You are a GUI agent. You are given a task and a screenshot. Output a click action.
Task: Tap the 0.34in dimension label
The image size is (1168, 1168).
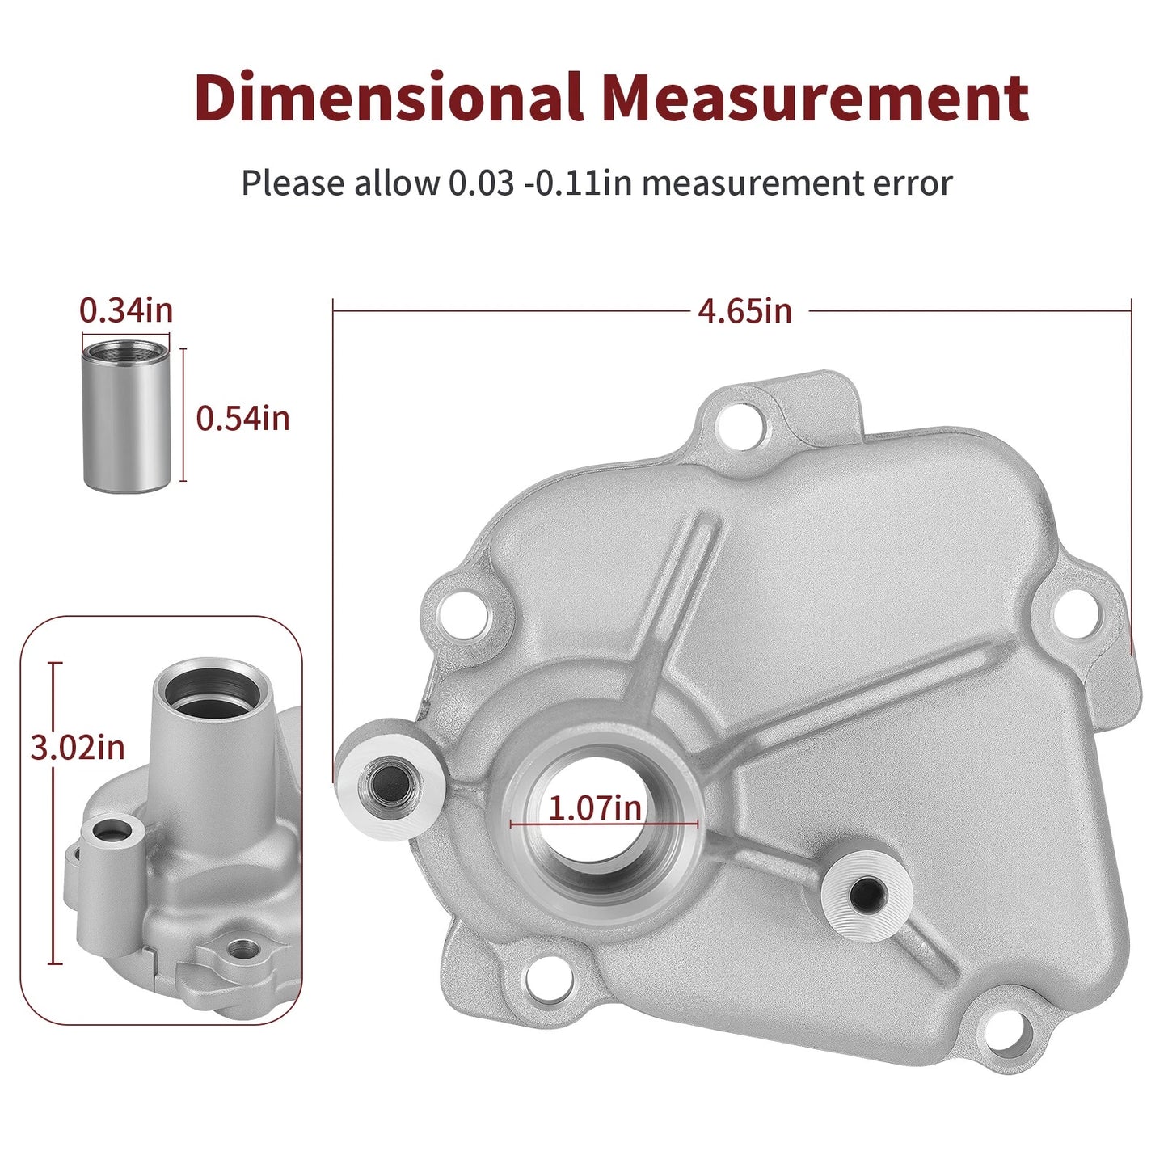tap(126, 310)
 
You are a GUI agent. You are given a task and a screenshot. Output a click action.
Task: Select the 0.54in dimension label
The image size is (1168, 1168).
tap(243, 418)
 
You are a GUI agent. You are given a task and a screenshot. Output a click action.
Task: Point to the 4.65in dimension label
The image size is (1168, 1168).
tap(745, 311)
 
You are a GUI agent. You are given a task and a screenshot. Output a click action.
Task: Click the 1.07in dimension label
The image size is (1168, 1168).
tap(595, 807)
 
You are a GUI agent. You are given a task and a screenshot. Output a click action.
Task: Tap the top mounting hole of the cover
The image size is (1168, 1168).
tap(740, 425)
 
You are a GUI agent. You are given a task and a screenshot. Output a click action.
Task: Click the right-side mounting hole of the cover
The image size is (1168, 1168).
tap(1077, 615)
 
